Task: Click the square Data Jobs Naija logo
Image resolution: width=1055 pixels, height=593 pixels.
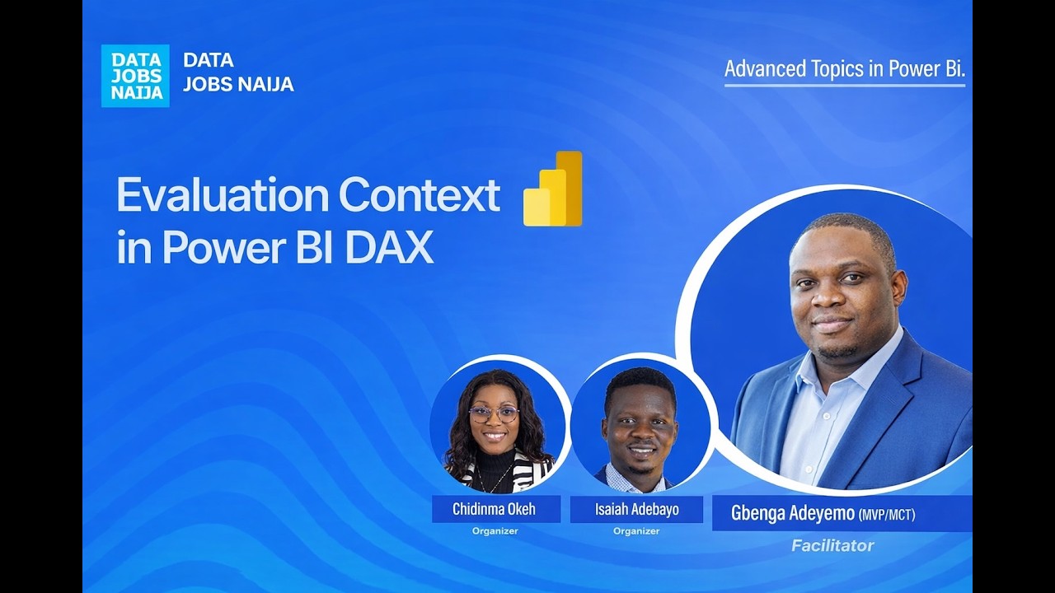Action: [x=135, y=76]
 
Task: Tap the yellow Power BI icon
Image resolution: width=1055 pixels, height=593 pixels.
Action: [x=553, y=189]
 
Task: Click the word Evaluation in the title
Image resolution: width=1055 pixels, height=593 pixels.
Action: [x=222, y=195]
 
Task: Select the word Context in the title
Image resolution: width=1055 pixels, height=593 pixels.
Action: [x=419, y=195]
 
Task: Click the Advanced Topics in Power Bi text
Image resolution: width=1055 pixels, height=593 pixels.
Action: [x=844, y=69]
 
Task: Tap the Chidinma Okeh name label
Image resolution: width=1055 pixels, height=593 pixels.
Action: [x=495, y=509]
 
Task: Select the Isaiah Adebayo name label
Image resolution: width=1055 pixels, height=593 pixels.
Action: [x=636, y=509]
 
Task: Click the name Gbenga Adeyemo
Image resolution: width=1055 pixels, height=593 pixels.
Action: [x=792, y=513]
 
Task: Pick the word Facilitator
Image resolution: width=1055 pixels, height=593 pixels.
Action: [x=832, y=545]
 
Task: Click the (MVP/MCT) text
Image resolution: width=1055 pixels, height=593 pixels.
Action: [x=887, y=515]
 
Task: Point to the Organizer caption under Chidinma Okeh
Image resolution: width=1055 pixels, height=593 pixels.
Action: [x=495, y=531]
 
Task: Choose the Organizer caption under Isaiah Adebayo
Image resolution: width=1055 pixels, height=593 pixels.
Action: [x=636, y=531]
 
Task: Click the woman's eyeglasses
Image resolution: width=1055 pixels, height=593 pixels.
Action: [x=494, y=413]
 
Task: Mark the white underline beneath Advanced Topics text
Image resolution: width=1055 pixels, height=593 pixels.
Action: [x=844, y=85]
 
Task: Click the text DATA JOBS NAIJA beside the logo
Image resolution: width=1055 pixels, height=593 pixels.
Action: [x=237, y=72]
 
